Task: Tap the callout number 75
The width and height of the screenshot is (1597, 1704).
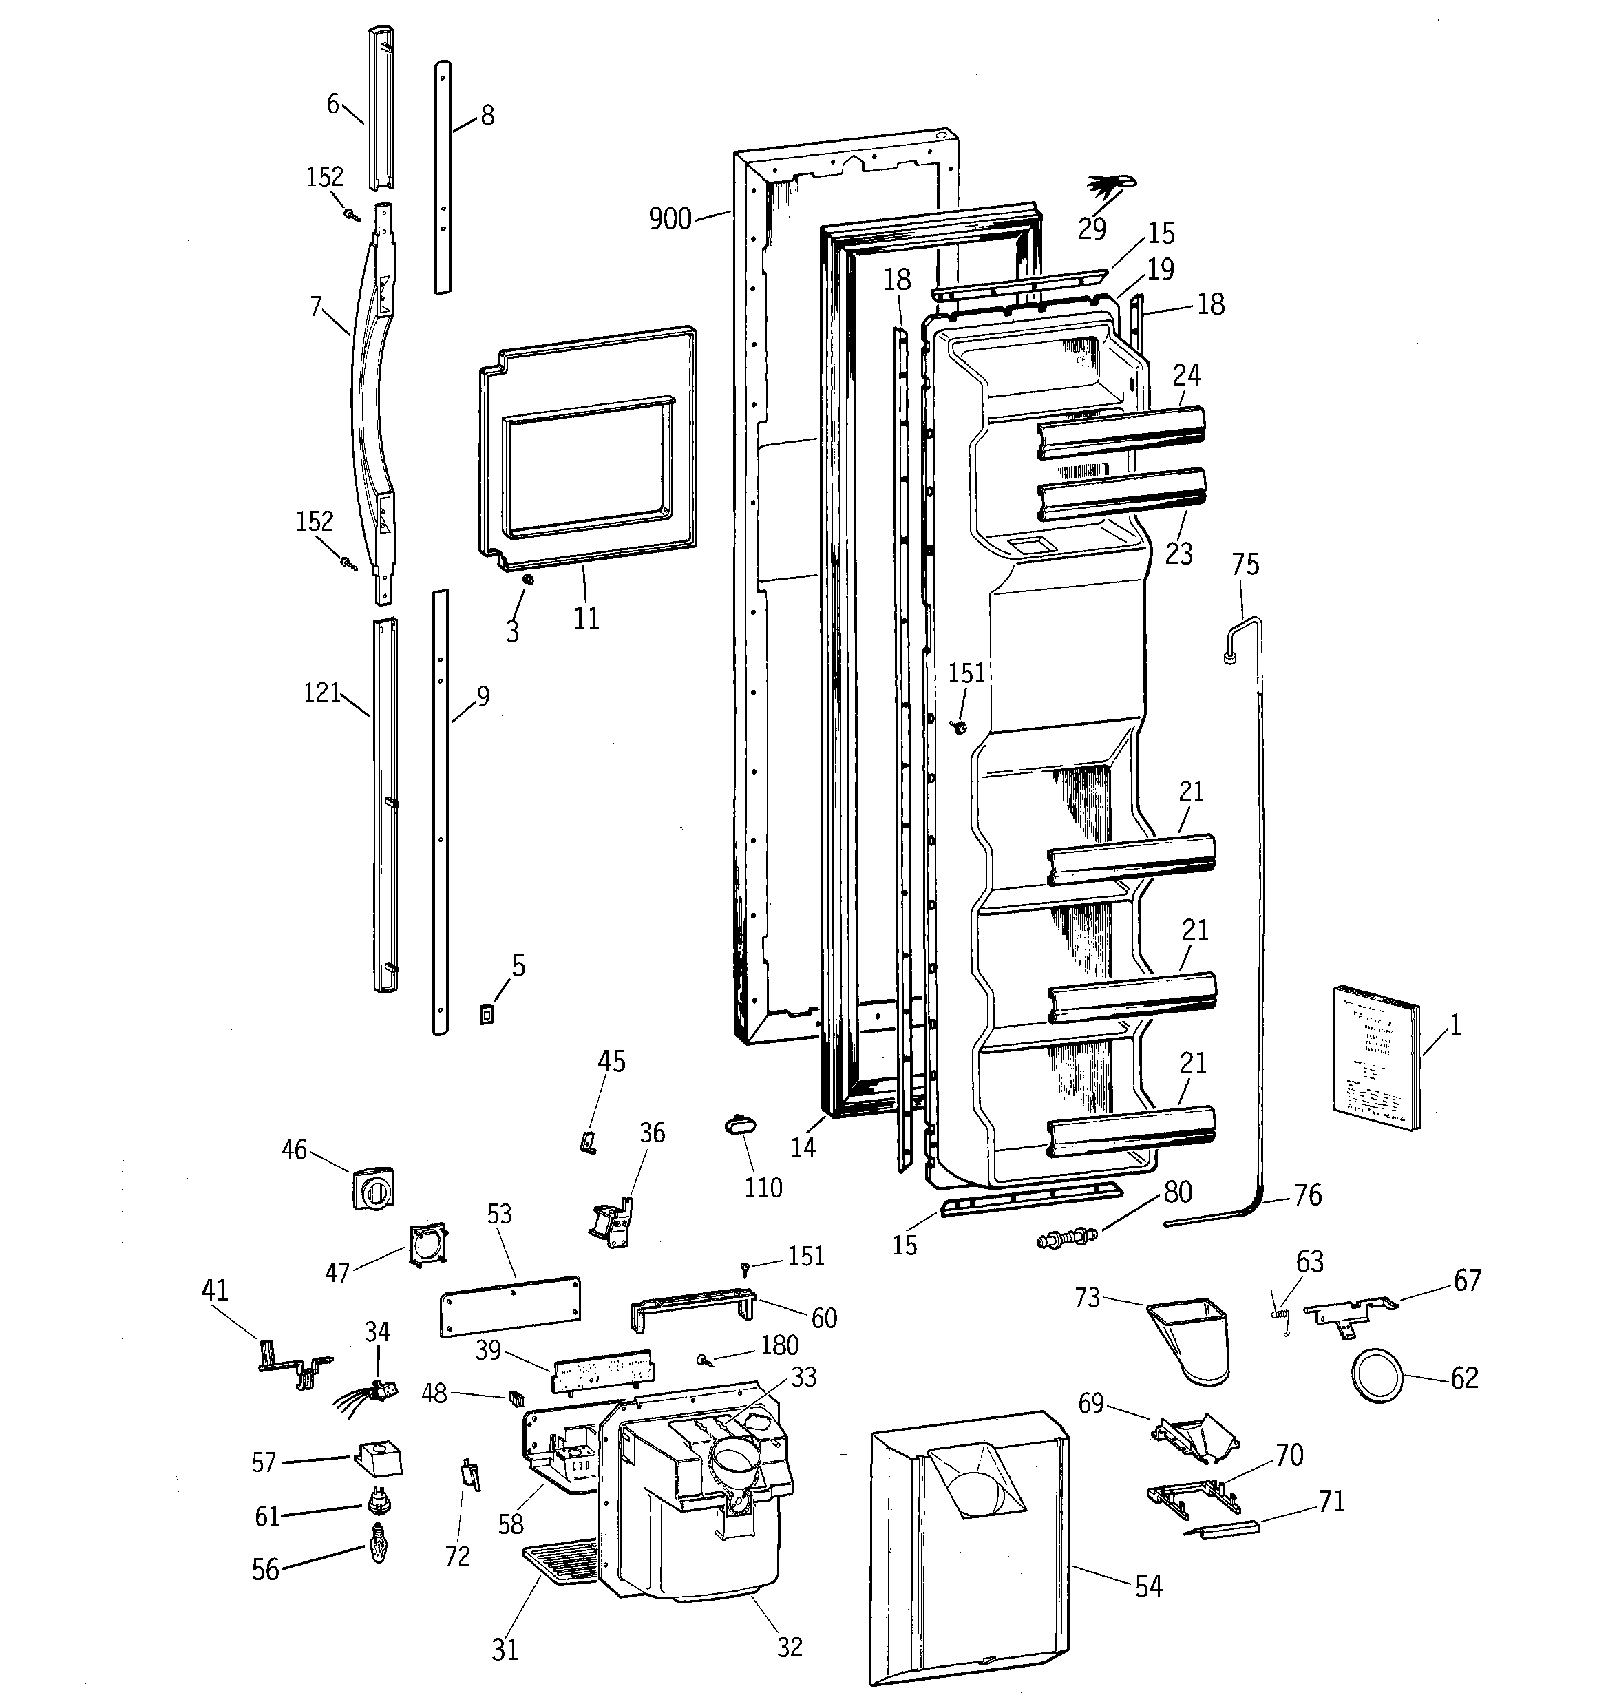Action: (x=1245, y=564)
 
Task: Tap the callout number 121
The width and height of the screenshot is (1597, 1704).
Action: (x=322, y=693)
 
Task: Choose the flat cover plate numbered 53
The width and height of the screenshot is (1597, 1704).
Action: (x=510, y=1305)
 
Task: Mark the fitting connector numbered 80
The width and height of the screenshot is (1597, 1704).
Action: (x=1067, y=1238)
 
